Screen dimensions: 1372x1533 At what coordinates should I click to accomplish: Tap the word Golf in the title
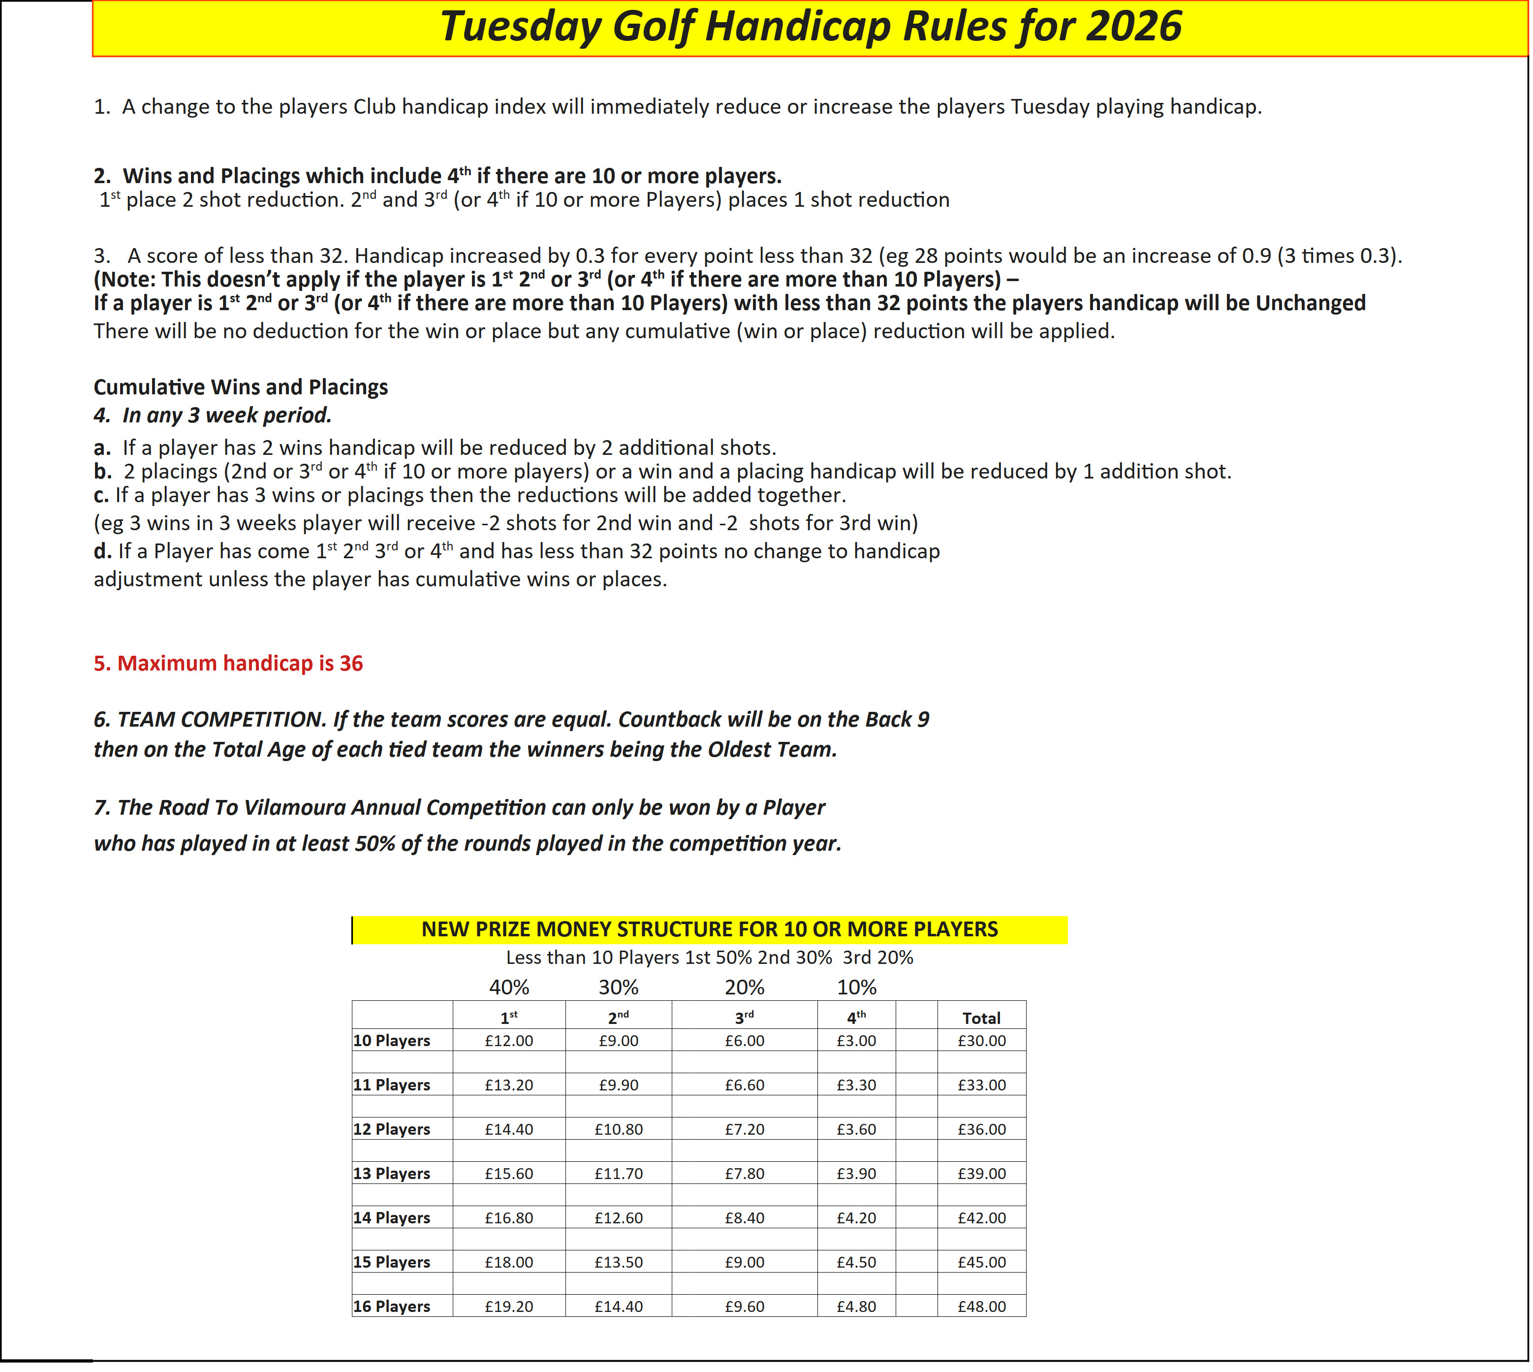coord(652,27)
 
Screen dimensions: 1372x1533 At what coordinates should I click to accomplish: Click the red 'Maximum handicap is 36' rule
coord(228,664)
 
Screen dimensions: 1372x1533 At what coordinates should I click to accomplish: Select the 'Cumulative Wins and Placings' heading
coord(241,387)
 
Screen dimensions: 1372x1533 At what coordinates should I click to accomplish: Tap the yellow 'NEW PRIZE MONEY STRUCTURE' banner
coord(709,929)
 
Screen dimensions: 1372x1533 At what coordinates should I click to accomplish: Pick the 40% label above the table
coord(509,988)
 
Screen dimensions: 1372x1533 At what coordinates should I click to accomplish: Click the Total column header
coord(981,1019)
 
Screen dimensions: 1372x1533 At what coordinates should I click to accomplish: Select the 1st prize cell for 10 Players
coord(509,1041)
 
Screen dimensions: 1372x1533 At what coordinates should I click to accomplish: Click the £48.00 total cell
coord(981,1307)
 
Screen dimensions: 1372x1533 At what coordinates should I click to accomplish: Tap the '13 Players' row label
coord(391,1174)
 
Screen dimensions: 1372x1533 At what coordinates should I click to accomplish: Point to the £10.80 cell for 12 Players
coord(618,1129)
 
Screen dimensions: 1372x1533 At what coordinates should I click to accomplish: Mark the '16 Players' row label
coord(391,1307)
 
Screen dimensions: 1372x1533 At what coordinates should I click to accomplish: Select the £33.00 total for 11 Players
coord(981,1085)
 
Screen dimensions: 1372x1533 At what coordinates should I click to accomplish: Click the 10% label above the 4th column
coord(856,988)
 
